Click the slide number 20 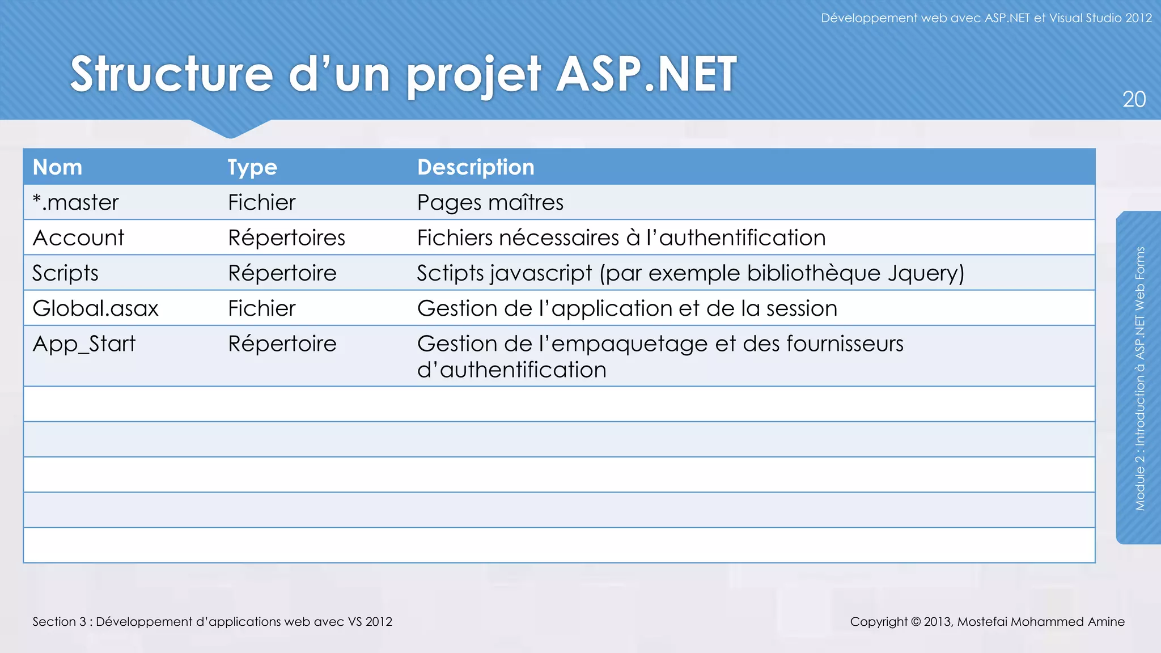click(1134, 100)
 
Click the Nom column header click(57, 167)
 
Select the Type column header click(252, 167)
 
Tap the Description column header click(476, 167)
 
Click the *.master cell click(75, 202)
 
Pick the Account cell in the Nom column click(78, 238)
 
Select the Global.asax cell click(95, 308)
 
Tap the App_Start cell click(84, 344)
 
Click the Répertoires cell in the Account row click(286, 238)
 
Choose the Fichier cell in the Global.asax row click(262, 308)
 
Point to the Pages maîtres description click(490, 202)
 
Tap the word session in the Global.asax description click(802, 308)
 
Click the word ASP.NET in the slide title click(646, 74)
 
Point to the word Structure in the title click(172, 74)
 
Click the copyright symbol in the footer click(916, 622)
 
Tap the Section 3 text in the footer click(59, 622)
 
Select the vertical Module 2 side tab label click(1140, 378)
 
